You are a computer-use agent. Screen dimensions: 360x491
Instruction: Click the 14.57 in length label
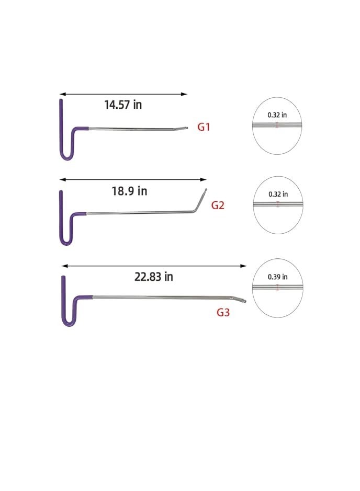coord(123,105)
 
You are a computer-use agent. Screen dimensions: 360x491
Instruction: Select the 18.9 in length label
coord(129,191)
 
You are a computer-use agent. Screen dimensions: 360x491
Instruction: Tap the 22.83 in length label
coord(153,277)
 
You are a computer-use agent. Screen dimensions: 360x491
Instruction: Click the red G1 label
coord(204,127)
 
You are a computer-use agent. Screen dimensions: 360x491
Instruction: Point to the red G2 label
coord(218,205)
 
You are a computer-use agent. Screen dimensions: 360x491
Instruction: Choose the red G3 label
coord(223,312)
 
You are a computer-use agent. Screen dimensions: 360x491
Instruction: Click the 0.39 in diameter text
coord(278,277)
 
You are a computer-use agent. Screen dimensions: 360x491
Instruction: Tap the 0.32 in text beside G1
coord(277,115)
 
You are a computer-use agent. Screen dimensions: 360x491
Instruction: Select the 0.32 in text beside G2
coord(278,194)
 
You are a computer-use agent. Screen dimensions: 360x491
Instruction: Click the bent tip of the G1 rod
coord(186,128)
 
